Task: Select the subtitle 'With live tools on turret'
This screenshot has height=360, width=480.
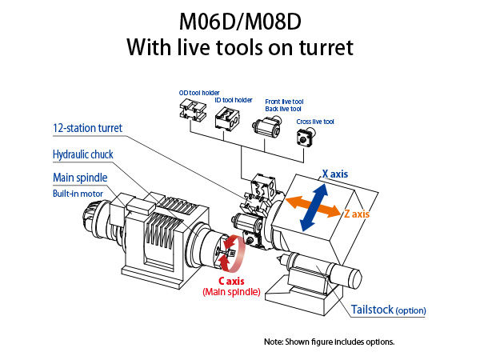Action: (x=240, y=48)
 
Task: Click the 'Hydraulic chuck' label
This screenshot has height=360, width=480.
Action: (x=82, y=154)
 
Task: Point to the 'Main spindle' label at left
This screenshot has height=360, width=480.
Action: (x=80, y=177)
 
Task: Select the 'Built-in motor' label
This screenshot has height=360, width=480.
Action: (x=80, y=193)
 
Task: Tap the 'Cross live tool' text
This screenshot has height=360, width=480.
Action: (x=315, y=121)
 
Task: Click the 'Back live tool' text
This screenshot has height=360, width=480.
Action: (x=283, y=108)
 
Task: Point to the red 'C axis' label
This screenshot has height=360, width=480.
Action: (x=232, y=281)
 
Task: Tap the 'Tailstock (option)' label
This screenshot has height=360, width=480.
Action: (x=388, y=310)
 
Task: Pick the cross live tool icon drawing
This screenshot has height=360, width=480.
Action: (x=305, y=138)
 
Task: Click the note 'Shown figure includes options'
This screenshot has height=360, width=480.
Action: (x=329, y=342)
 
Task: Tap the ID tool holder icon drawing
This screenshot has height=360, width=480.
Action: (x=226, y=122)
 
